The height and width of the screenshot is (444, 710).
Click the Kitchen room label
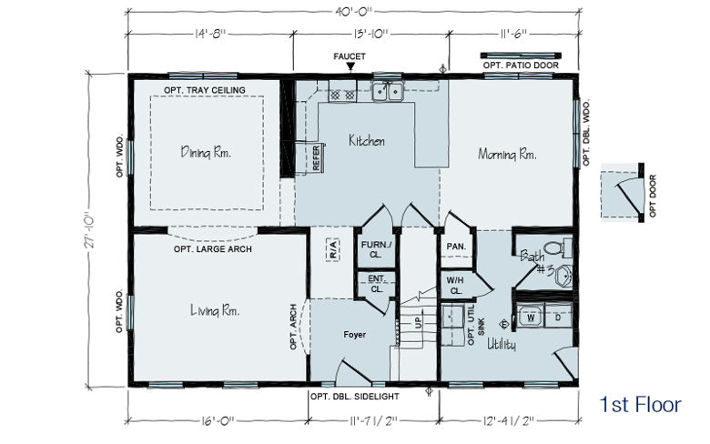(x=367, y=141)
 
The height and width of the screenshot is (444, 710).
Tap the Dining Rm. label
(x=206, y=152)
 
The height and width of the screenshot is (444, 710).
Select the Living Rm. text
(x=215, y=310)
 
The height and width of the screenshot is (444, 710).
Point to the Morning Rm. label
(x=507, y=155)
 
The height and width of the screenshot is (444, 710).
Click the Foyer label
(x=355, y=335)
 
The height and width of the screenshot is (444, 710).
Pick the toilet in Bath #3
(x=558, y=248)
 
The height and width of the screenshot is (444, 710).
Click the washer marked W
(x=531, y=318)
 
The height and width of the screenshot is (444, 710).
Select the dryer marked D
(x=558, y=318)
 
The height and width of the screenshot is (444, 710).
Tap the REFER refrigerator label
(x=316, y=158)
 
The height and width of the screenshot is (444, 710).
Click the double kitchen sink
(x=388, y=92)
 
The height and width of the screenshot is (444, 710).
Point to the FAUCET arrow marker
(x=350, y=67)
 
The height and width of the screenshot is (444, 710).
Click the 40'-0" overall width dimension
(x=354, y=12)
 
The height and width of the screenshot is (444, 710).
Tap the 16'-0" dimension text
(x=218, y=420)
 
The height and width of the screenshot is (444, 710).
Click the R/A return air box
(x=333, y=250)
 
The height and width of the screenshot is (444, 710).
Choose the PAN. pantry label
(x=456, y=247)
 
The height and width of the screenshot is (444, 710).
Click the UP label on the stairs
(x=418, y=323)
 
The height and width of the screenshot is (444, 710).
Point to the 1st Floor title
(x=640, y=405)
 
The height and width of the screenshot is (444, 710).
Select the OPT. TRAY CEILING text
(x=205, y=90)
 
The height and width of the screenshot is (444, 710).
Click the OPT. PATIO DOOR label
(x=521, y=66)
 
